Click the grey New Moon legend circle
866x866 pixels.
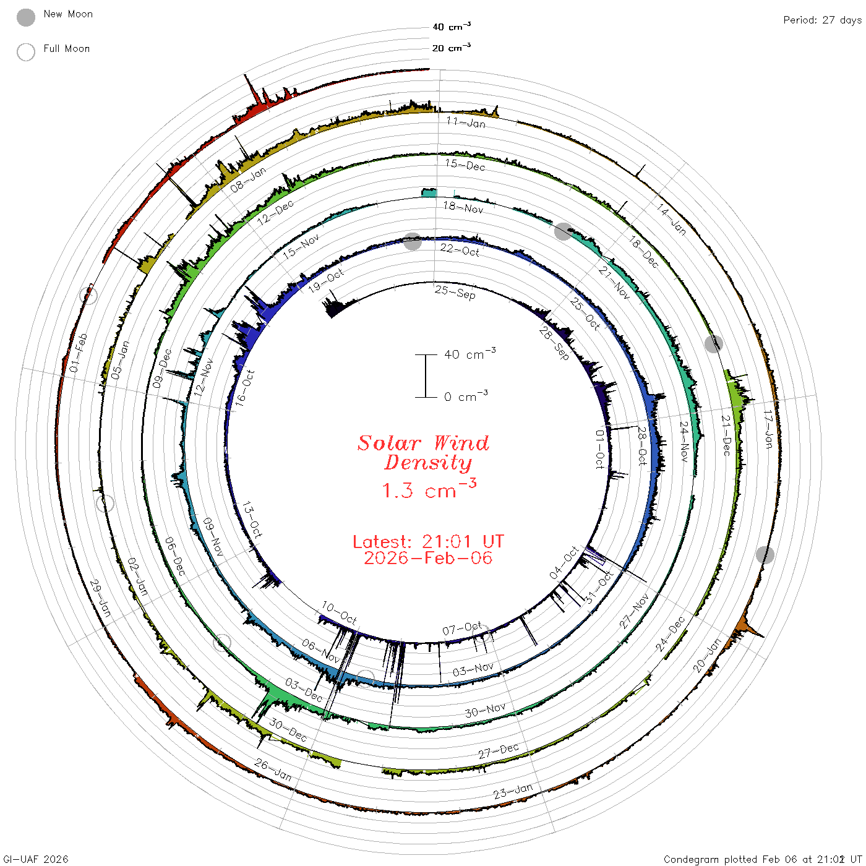tap(26, 17)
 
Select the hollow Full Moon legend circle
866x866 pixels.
tap(26, 52)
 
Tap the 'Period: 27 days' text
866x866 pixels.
tap(823, 20)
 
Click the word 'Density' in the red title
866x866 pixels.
tap(428, 463)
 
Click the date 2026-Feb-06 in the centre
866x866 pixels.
tap(428, 558)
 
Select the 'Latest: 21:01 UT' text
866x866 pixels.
tap(428, 541)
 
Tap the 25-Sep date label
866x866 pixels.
tap(455, 292)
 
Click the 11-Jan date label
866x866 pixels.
tap(466, 122)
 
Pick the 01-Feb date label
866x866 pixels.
tap(79, 353)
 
